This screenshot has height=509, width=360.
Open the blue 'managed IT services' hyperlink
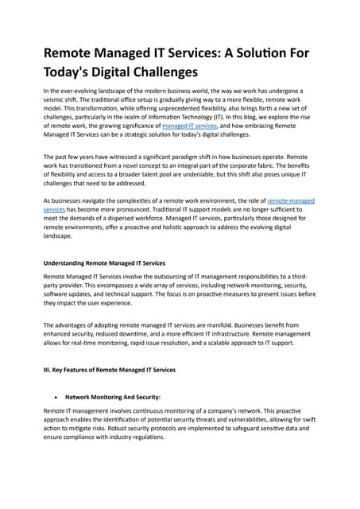[191, 126]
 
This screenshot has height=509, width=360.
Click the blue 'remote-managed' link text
[292, 201]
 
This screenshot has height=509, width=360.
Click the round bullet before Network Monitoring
[53, 395]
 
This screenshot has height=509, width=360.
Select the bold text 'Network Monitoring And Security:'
[113, 395]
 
